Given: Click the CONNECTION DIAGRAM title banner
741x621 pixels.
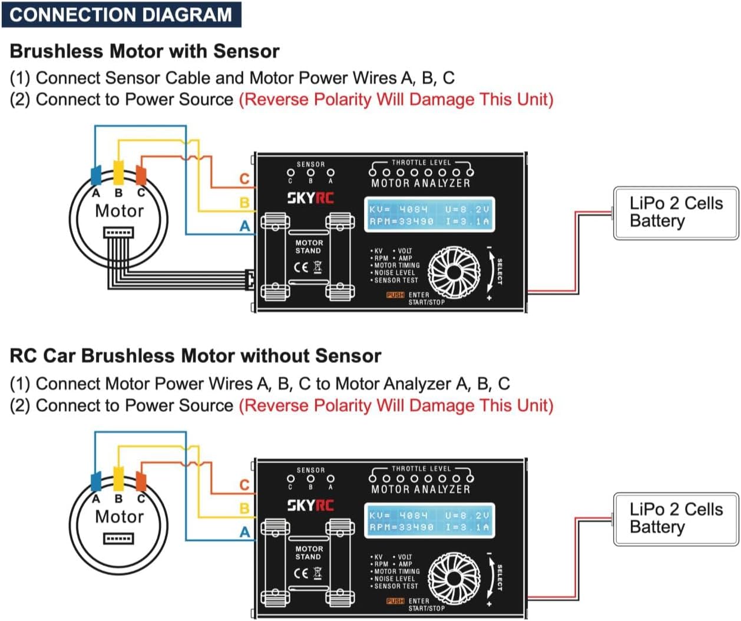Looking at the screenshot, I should coord(121,14).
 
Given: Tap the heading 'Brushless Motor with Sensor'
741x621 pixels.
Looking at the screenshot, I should coord(144,51).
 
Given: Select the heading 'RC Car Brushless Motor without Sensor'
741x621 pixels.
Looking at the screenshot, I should coord(195,356).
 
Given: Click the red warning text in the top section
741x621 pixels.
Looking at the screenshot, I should coord(396,99).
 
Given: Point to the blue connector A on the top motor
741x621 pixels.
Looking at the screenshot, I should coord(96,176).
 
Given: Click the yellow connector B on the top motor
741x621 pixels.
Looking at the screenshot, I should coord(118,173).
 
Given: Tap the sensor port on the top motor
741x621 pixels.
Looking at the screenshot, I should coord(118,233).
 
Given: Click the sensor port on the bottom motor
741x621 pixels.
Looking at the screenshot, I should coord(118,539).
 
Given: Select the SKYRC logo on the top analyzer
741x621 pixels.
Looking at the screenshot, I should coord(310,198).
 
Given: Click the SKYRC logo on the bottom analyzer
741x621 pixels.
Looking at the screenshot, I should coord(310,505).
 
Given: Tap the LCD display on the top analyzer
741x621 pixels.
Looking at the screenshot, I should coord(429,215).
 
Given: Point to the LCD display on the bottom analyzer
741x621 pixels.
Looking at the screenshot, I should coord(429,521).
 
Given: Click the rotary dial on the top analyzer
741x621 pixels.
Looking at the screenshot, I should coord(454,272).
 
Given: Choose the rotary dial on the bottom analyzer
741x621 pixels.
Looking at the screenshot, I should coord(454,577).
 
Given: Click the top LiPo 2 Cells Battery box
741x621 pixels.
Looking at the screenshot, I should coord(676,213).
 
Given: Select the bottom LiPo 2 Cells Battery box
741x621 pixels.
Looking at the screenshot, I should coord(676,518).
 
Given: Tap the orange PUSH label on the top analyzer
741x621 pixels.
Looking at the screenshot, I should coord(395,295).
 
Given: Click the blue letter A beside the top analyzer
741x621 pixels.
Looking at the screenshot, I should coord(244,226).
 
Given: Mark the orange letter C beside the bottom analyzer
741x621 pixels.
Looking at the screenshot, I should coord(244,485).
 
